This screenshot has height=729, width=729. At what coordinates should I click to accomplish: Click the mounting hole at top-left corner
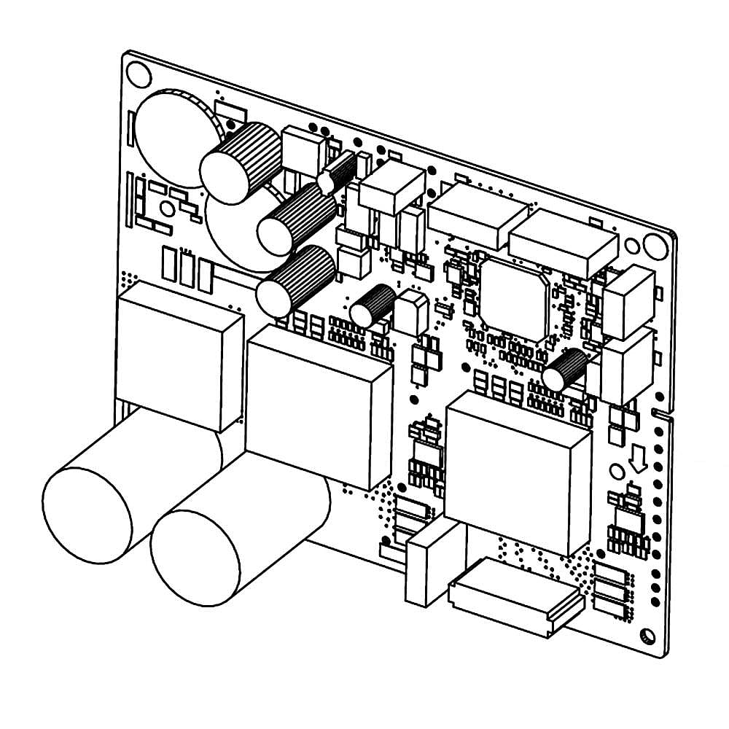pyautogui.click(x=139, y=74)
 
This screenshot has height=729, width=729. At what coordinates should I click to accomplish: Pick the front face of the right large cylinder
pyautogui.click(x=195, y=557)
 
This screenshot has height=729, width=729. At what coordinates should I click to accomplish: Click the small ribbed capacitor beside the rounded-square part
pyautogui.click(x=373, y=306)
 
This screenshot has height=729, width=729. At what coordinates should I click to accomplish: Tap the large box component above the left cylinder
pyautogui.click(x=179, y=354)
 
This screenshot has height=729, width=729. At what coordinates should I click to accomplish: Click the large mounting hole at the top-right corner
pyautogui.click(x=655, y=246)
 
